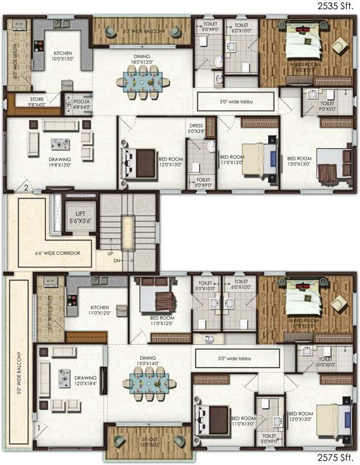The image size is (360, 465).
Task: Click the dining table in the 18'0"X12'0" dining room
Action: pos(144,80)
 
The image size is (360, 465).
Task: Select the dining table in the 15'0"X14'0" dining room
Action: pos(148,382)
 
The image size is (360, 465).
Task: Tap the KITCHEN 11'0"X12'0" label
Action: pos(99,311)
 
